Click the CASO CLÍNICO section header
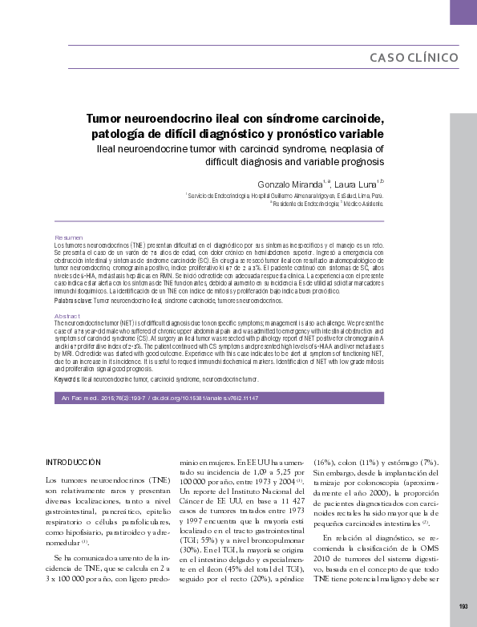(x=414, y=58)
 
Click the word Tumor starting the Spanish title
(x=107, y=119)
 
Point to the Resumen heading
(x=68, y=238)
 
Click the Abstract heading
(x=67, y=317)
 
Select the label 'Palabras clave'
(x=71, y=300)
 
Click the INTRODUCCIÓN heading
(x=74, y=463)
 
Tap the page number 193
(x=463, y=605)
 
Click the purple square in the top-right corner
(x=463, y=11)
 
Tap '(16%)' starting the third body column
(x=323, y=463)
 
